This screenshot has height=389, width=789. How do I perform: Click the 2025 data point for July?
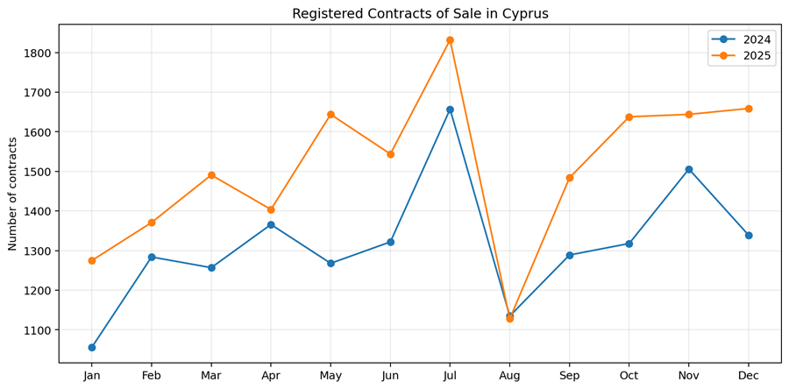[x=450, y=40]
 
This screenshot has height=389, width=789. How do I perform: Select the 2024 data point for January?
[x=92, y=348]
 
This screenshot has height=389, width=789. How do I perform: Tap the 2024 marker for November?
[x=689, y=169]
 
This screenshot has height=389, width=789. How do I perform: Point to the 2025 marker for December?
[x=749, y=109]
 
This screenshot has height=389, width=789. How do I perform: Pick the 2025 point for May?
[x=331, y=115]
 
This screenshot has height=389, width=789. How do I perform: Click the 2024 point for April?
[x=271, y=225]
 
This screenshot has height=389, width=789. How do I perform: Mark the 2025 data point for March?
[x=211, y=175]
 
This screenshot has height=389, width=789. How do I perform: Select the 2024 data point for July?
[x=450, y=110]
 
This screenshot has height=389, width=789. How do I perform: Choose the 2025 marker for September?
[x=570, y=178]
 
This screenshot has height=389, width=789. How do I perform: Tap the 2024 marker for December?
[x=749, y=235]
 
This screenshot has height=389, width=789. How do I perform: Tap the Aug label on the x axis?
[x=509, y=376]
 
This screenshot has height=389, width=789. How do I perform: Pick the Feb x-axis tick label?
[x=152, y=376]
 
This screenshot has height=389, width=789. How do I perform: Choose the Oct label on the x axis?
[x=629, y=376]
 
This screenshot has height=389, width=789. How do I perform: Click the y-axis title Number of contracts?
[x=13, y=194]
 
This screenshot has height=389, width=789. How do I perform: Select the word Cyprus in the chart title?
[x=523, y=14]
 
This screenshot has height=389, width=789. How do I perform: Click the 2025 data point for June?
[x=390, y=154]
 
